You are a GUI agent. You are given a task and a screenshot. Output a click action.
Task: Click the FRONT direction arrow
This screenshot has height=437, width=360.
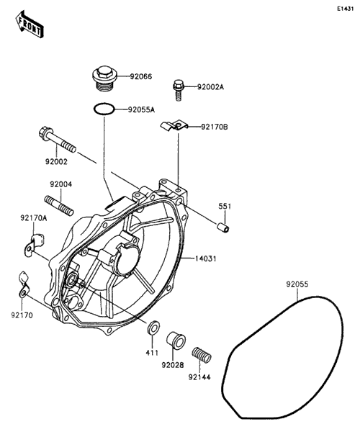point(29,24)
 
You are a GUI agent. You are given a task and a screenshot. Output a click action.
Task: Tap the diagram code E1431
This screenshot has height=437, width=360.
point(345,9)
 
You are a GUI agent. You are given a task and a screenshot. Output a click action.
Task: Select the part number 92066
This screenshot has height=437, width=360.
point(140,76)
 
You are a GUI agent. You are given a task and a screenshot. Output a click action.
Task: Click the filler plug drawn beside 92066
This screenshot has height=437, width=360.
point(104,77)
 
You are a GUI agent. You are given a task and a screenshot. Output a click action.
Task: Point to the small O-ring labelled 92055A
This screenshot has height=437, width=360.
point(104,109)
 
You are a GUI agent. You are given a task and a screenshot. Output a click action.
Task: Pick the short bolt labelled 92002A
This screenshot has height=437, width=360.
point(179,90)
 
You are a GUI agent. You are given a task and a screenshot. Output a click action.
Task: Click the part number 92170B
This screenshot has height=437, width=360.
point(215,127)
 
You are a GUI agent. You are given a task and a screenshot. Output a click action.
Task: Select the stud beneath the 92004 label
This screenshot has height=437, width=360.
point(59,206)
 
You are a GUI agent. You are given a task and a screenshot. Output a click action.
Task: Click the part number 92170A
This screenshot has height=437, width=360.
point(33,217)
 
